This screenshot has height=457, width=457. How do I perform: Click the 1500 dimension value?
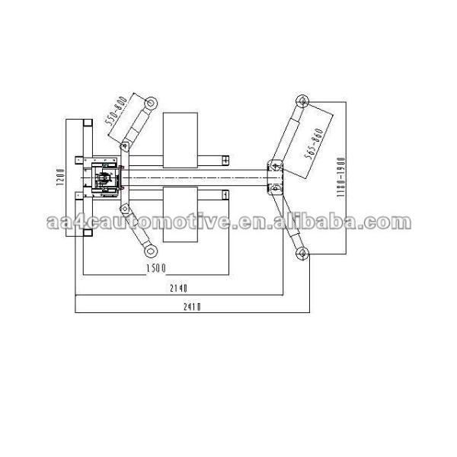[x=158, y=270]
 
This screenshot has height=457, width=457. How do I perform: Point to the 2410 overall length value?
[x=192, y=306]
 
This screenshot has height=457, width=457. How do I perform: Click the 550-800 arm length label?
[x=115, y=111]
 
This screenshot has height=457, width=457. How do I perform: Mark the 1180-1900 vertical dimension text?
[x=342, y=177]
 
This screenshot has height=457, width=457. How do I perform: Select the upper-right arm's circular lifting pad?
[x=302, y=100]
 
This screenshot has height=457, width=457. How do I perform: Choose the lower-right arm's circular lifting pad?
[x=302, y=254]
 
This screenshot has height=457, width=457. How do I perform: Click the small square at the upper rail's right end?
[x=226, y=160]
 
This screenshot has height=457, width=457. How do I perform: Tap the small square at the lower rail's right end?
[x=226, y=195]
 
